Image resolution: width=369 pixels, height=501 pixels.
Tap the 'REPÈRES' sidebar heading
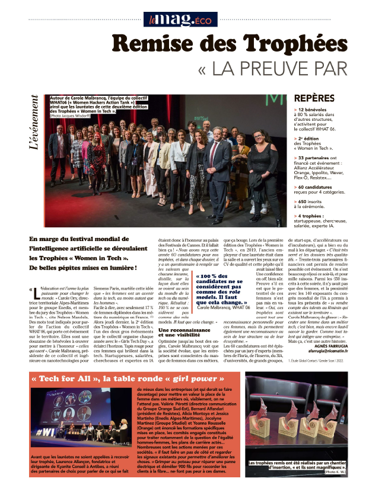pyautogui.click(x=317, y=98)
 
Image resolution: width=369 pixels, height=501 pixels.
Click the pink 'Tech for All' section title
pyautogui.click(x=94, y=377)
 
